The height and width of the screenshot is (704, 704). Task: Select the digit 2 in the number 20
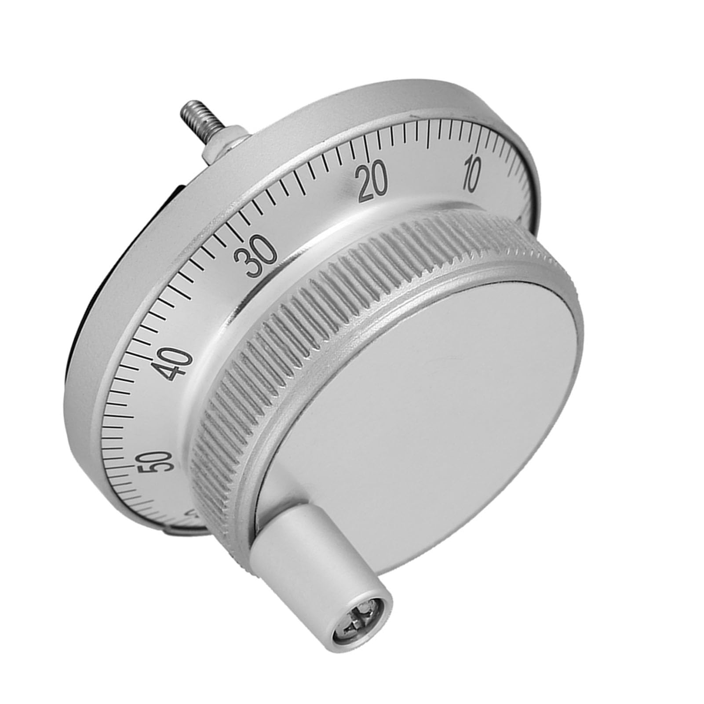click(x=366, y=185)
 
